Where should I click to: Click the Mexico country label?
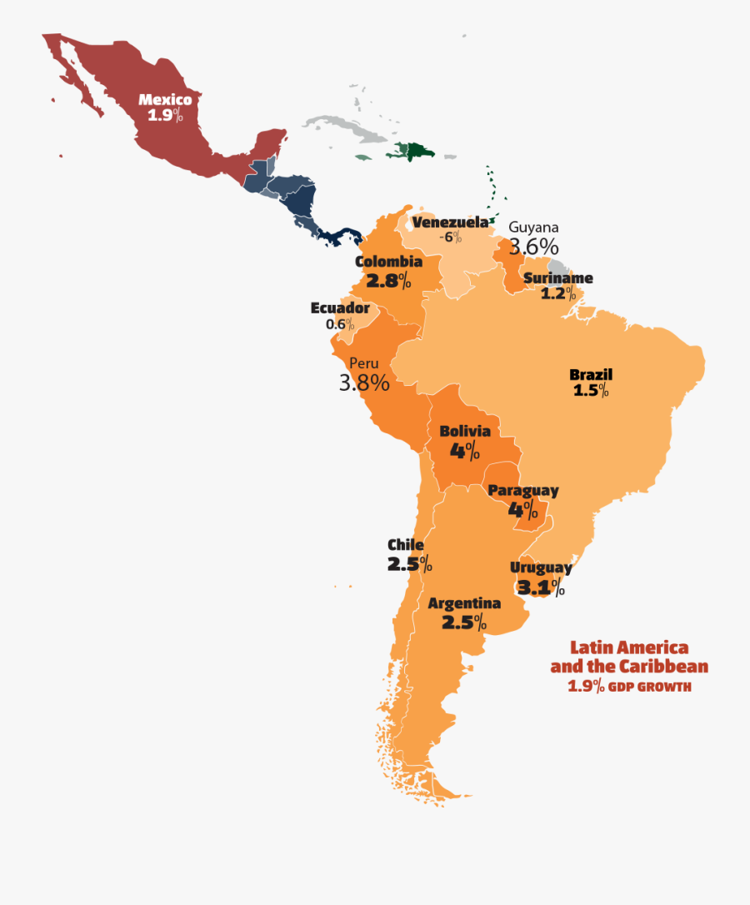165,100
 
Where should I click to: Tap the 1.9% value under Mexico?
165,116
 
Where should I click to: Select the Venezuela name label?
450,222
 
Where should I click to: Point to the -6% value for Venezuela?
451,237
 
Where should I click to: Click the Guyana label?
533,227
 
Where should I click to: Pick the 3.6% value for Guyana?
533,247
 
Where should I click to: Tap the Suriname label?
558,278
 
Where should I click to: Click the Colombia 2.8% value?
388,280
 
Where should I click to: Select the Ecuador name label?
340,308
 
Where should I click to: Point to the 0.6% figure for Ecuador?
340,324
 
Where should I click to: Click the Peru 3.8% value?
364,382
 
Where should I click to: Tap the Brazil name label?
591,374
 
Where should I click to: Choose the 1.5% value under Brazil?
591,390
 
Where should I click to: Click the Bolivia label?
464,431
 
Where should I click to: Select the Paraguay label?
523,491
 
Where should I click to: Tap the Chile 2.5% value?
409,564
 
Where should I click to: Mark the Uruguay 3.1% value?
541,587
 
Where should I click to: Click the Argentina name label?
464,603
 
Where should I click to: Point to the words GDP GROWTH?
649,687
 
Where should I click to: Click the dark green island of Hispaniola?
412,151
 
